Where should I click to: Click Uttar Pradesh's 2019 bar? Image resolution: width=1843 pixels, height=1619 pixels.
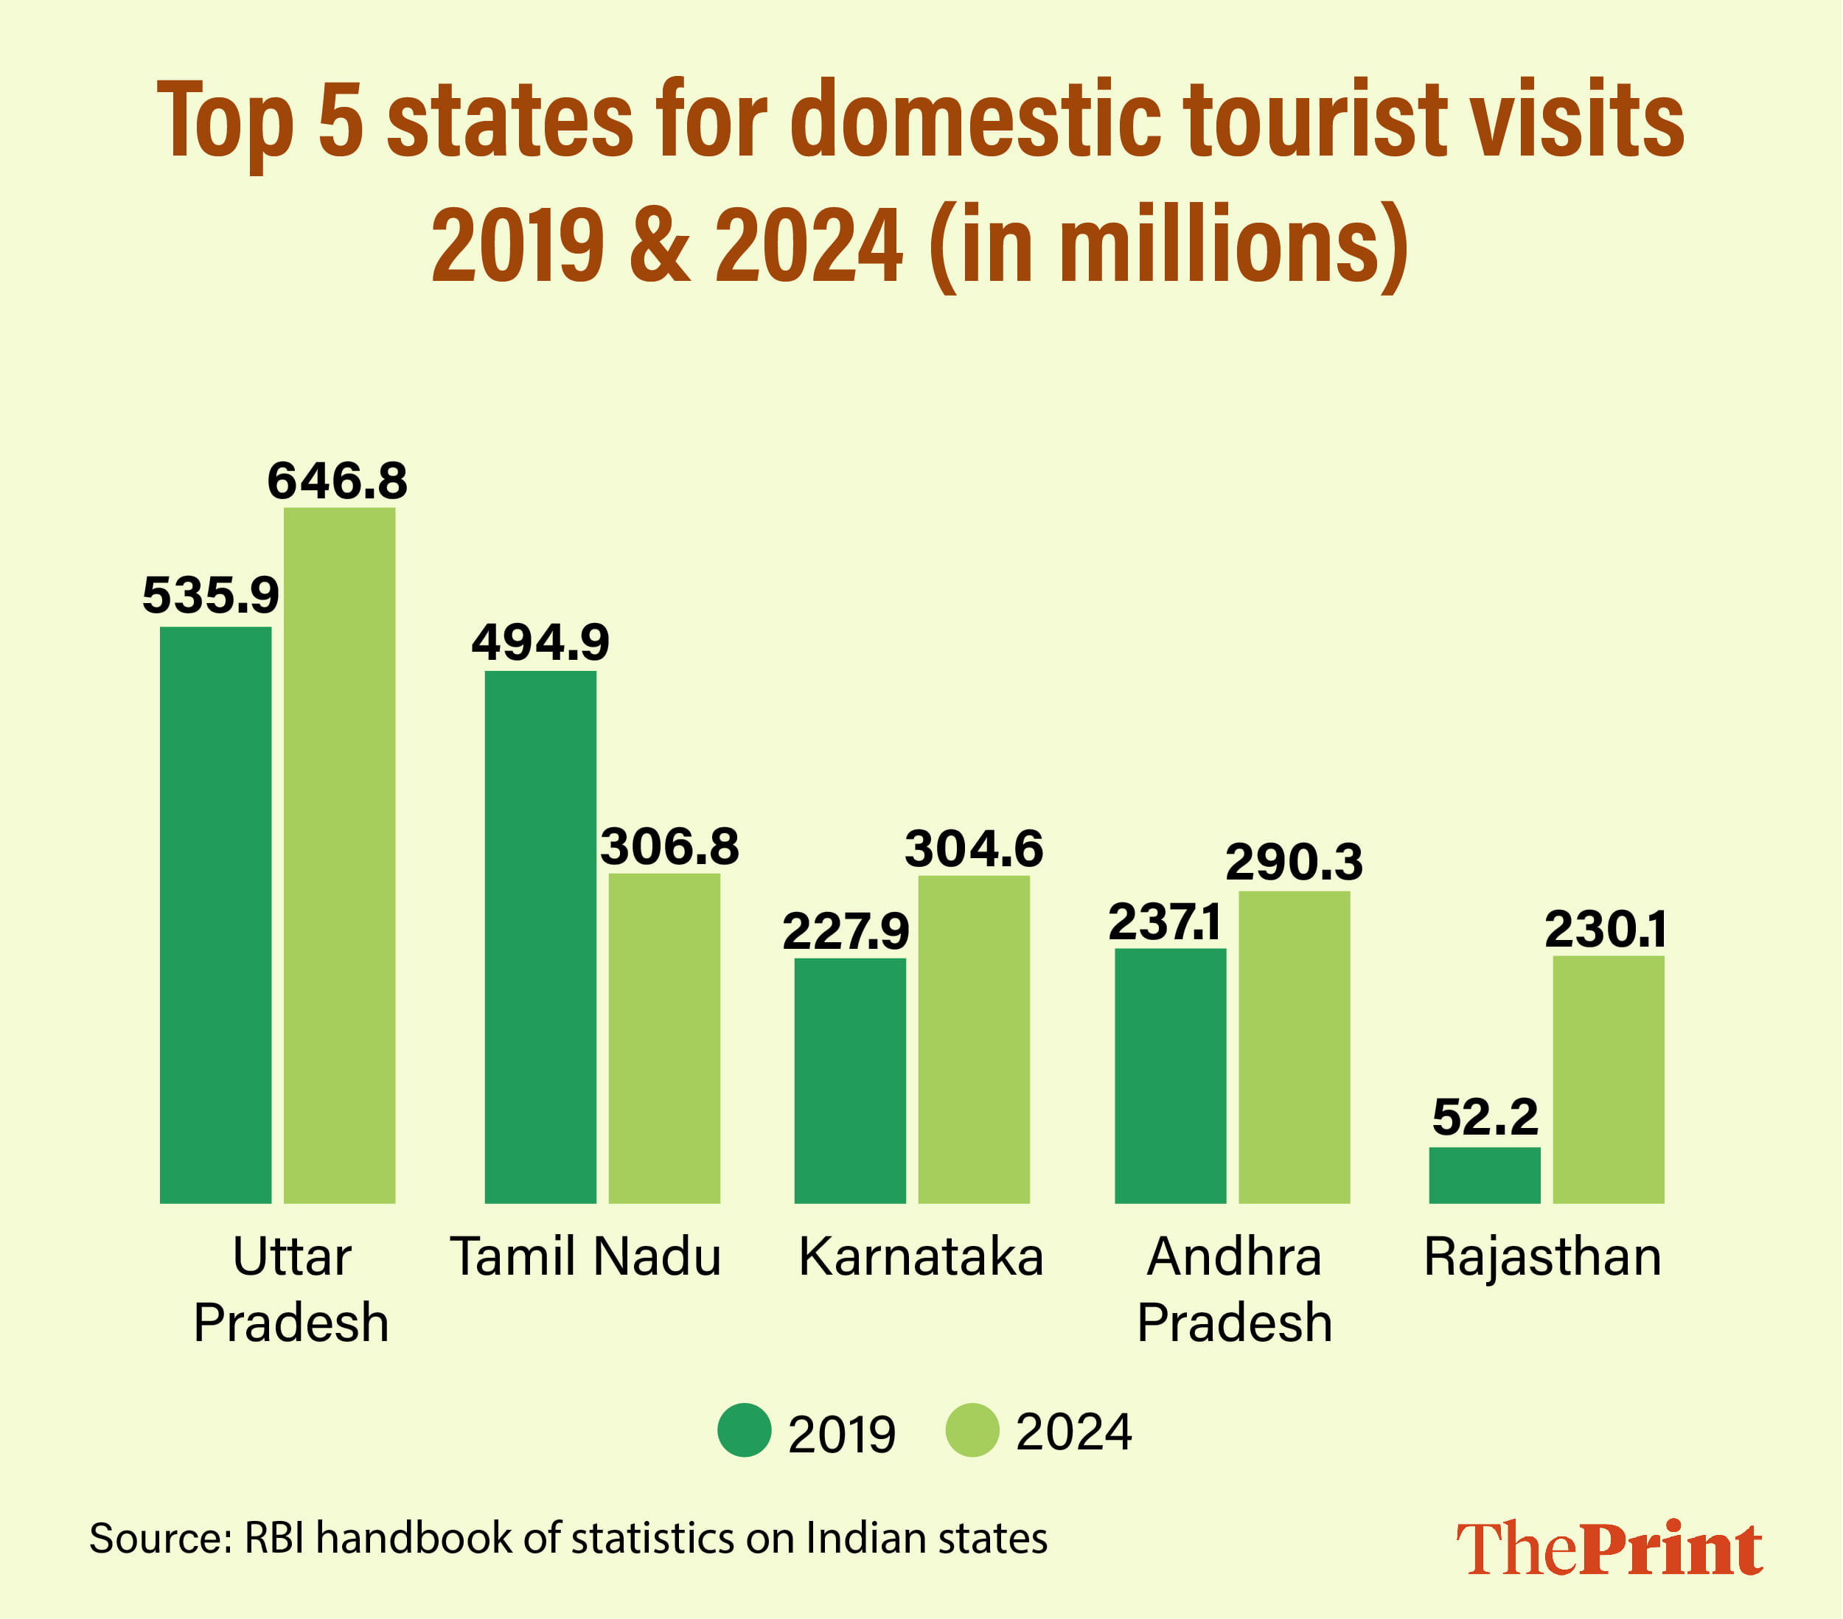[x=215, y=915]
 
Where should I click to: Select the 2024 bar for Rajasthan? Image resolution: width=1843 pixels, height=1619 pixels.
[x=1608, y=1079]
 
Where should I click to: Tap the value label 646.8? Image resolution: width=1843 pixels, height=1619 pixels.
[x=337, y=481]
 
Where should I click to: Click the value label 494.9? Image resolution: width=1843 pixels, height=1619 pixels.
[x=540, y=642]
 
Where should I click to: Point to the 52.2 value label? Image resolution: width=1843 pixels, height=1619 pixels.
[x=1484, y=1118]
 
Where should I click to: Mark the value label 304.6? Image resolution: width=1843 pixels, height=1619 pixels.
[x=974, y=849]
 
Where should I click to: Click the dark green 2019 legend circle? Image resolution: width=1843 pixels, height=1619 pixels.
[x=744, y=1430]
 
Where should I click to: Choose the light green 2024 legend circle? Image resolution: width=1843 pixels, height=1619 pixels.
[x=972, y=1430]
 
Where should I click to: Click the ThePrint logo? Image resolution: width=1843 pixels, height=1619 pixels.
[x=1609, y=1549]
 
